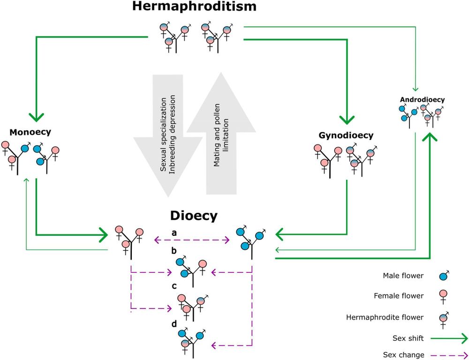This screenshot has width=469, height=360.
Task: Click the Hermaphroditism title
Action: [x=194, y=7]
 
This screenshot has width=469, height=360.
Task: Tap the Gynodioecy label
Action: [x=346, y=136]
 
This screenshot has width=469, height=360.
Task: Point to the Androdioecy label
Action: [x=422, y=99]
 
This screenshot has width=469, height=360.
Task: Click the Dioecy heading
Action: [x=194, y=216]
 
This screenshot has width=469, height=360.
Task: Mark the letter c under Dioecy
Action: [x=174, y=286]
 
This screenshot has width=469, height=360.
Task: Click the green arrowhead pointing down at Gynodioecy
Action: [x=347, y=118]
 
